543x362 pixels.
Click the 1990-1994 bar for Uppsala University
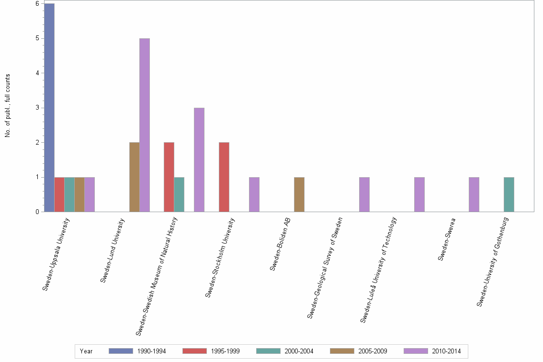pyautogui.click(x=49, y=108)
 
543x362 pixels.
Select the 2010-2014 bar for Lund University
pyautogui.click(x=145, y=125)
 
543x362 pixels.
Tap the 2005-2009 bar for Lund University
pyautogui.click(x=135, y=177)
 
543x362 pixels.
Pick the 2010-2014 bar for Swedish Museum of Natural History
pyautogui.click(x=199, y=160)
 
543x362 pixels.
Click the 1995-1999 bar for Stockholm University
pyautogui.click(x=224, y=177)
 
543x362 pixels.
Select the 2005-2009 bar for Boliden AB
pyautogui.click(x=299, y=194)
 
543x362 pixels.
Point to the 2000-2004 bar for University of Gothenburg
pyautogui.click(x=509, y=194)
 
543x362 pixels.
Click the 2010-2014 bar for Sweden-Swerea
pyautogui.click(x=474, y=194)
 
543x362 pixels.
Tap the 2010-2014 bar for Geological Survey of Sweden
pyautogui.click(x=364, y=194)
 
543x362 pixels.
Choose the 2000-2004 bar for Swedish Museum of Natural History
pyautogui.click(x=179, y=194)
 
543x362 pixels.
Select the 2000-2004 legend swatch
pyautogui.click(x=268, y=351)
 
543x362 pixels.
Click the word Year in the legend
pyautogui.click(x=87, y=351)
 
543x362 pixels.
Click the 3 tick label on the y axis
pyautogui.click(x=37, y=108)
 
